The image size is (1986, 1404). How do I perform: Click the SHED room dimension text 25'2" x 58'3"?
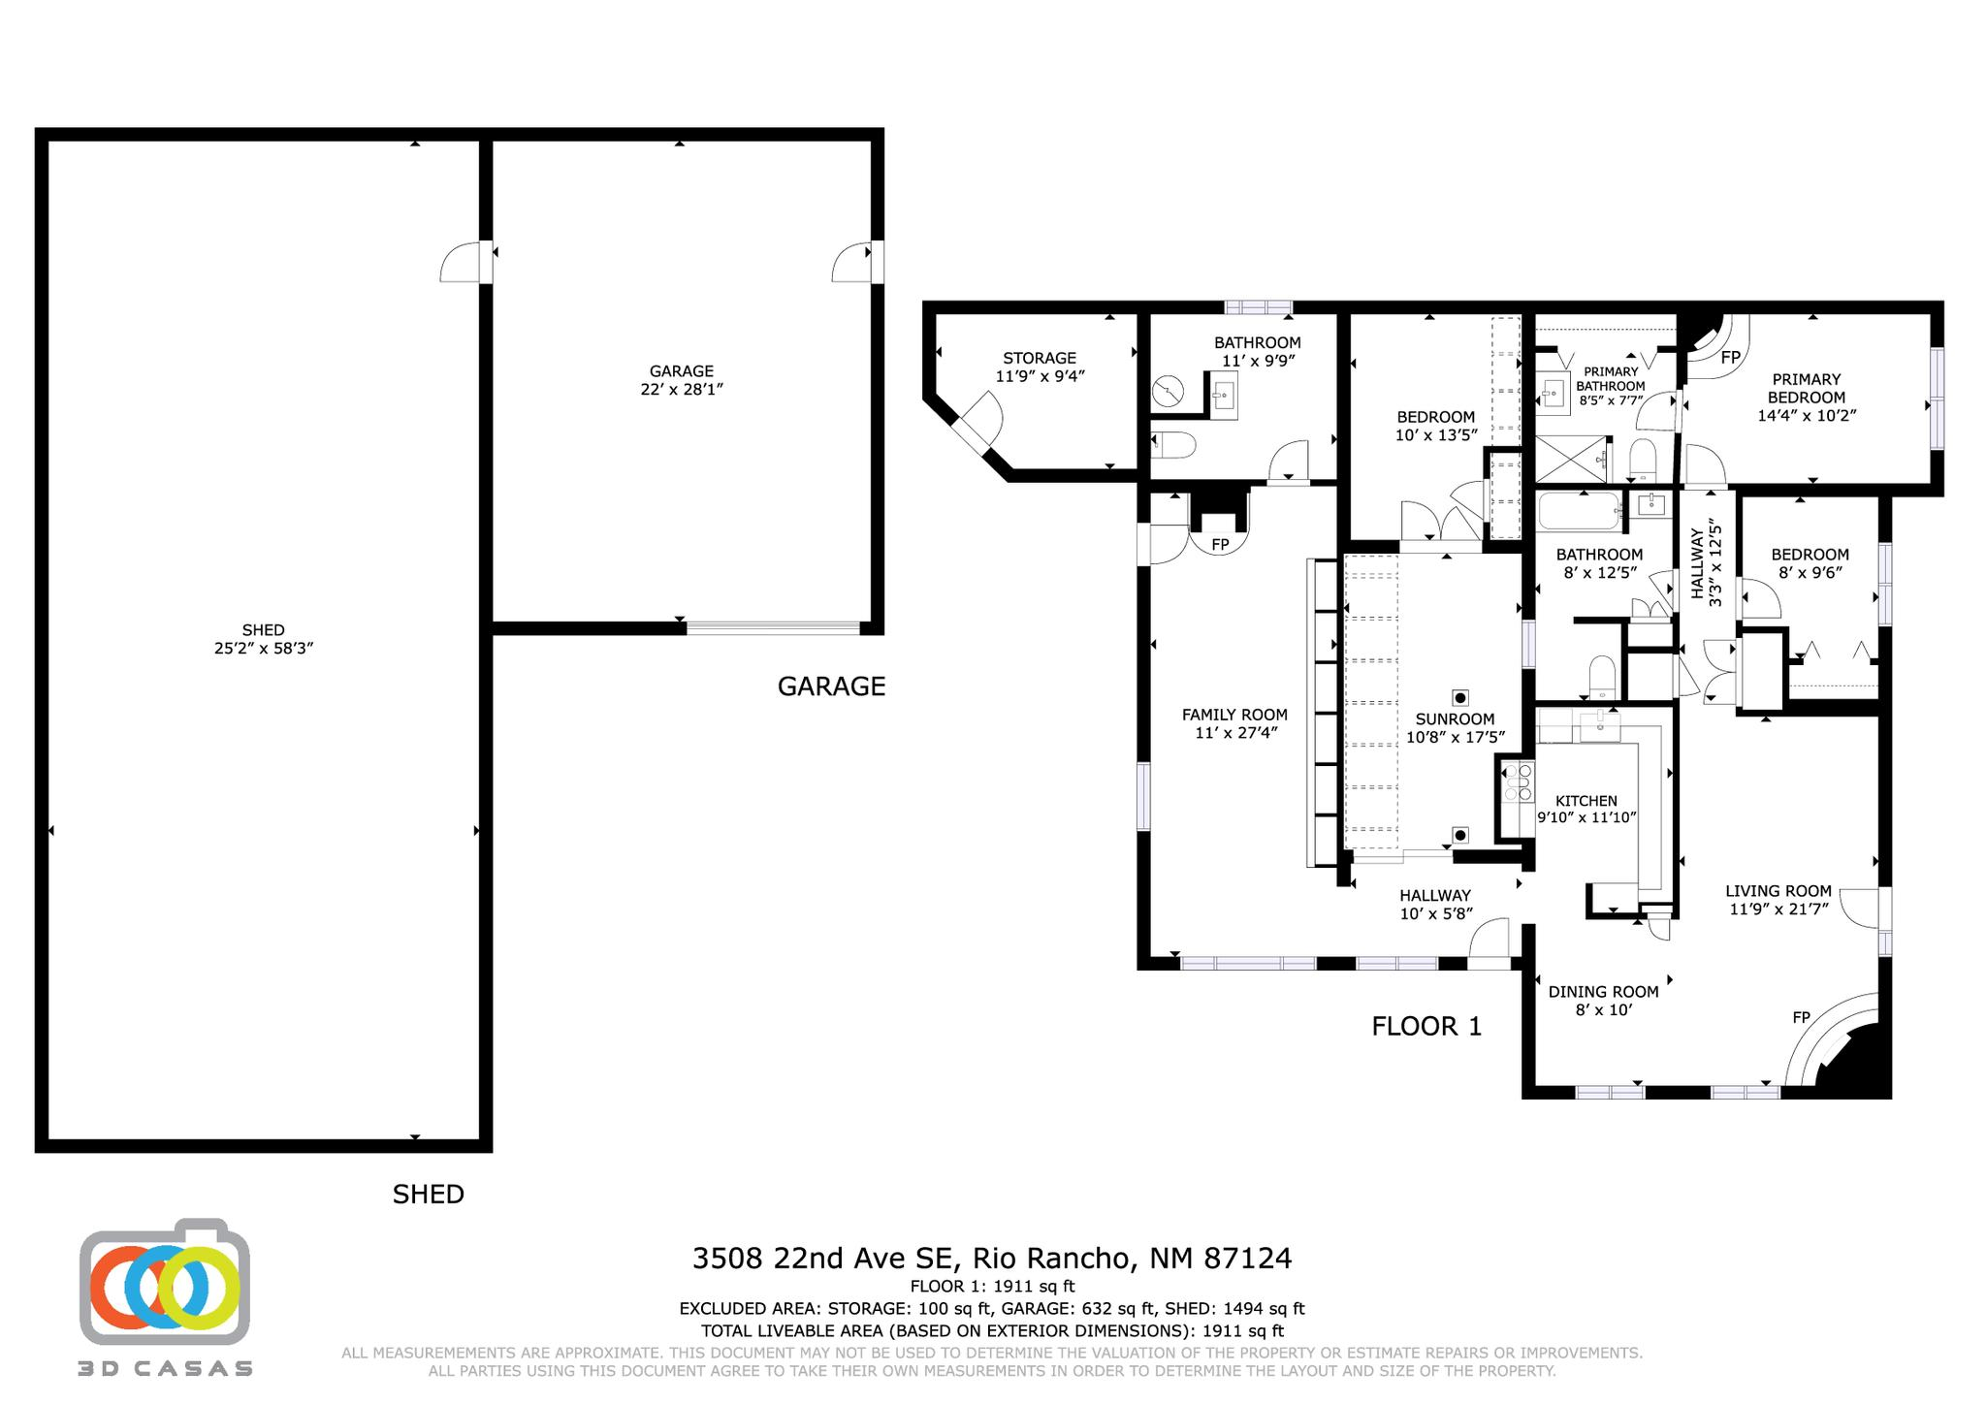pos(263,649)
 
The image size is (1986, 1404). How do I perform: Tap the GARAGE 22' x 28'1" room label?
pos(681,380)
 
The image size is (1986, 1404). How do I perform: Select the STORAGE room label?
pos(1040,359)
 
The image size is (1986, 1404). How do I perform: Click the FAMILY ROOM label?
pos(1234,716)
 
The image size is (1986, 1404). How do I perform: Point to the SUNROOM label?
pos(1455,719)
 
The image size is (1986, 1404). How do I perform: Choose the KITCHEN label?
pos(1586,801)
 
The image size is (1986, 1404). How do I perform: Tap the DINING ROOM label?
pos(1603,992)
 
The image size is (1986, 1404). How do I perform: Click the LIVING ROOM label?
pos(1778,891)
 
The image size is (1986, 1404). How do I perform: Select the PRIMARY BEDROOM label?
pos(1806,389)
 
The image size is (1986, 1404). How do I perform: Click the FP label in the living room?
pos(1801,1017)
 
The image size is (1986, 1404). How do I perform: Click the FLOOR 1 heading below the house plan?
pos(1426,1027)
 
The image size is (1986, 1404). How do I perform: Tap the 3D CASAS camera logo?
pos(165,1282)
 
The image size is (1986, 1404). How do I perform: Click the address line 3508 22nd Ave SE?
pos(991,1259)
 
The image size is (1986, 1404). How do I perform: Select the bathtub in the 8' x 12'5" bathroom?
pos(1579,511)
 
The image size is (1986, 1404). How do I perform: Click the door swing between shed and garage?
pos(463,263)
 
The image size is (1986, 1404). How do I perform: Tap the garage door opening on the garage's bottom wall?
pos(773,628)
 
